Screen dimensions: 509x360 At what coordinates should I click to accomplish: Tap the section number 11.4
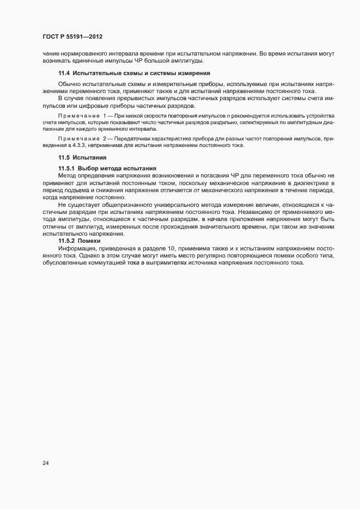click(65, 73)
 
